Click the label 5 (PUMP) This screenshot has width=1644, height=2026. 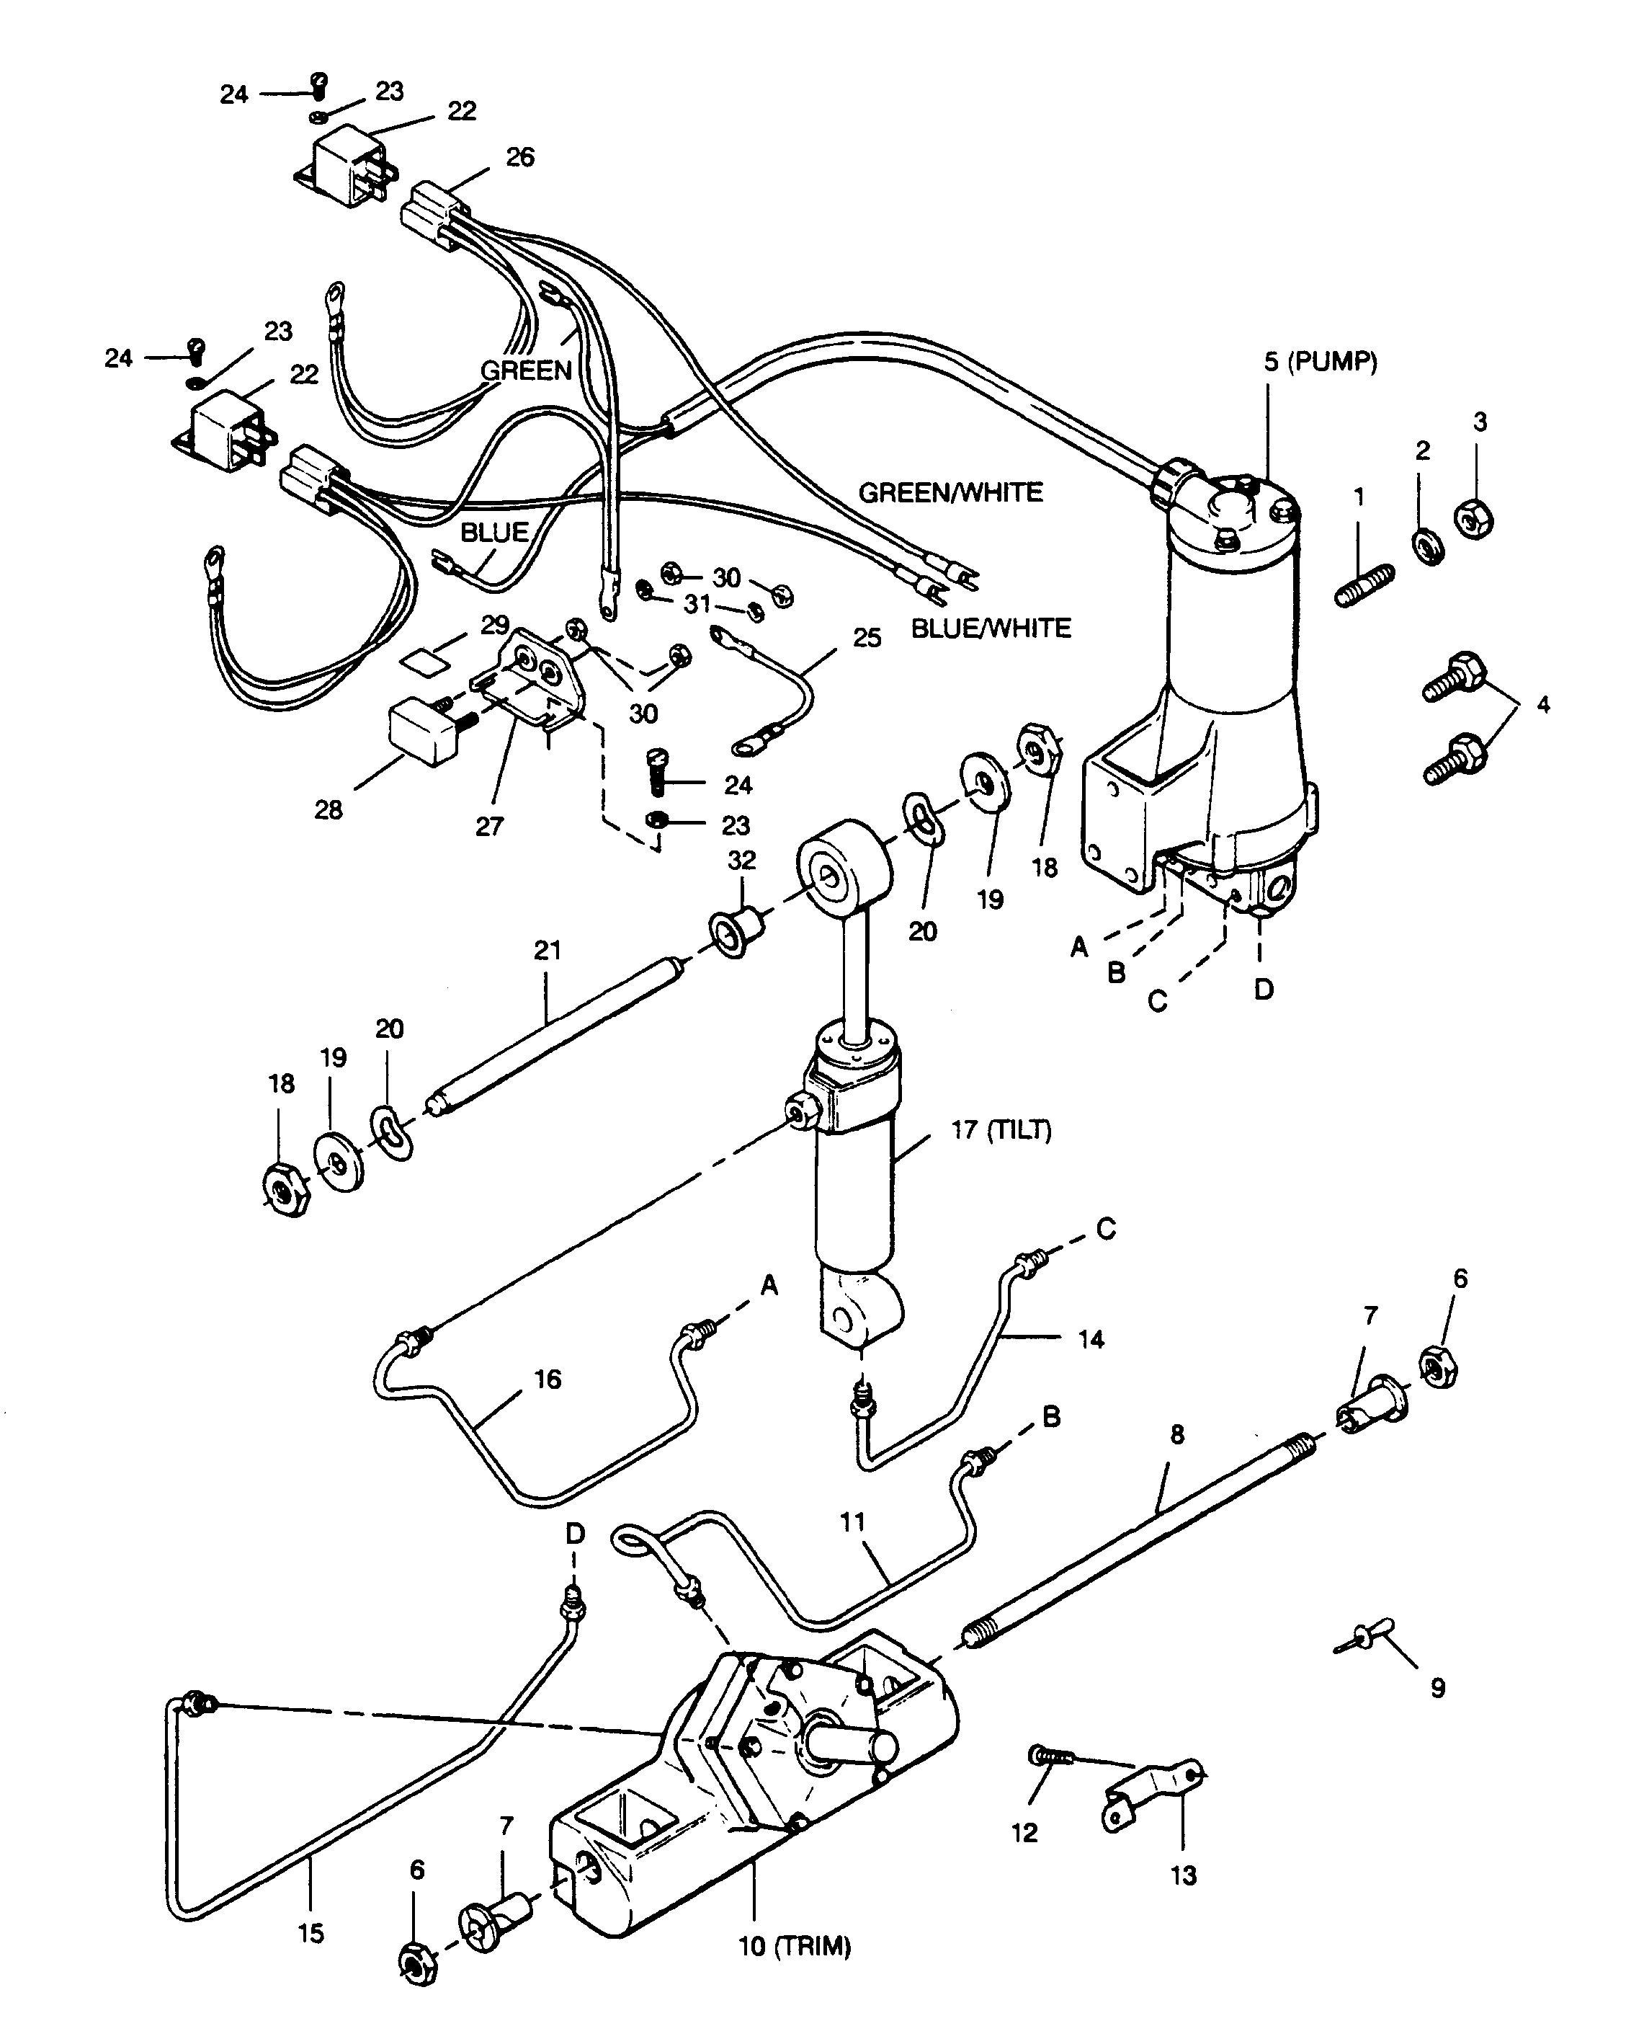tap(1320, 361)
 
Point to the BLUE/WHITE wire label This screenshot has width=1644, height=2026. tap(991, 627)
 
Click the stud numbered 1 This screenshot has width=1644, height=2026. tap(1364, 585)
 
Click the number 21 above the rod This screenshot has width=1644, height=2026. tap(548, 949)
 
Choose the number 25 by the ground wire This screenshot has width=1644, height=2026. tap(867, 636)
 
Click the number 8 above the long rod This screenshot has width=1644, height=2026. tap(1177, 1434)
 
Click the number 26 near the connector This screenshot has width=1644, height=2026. tap(520, 156)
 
